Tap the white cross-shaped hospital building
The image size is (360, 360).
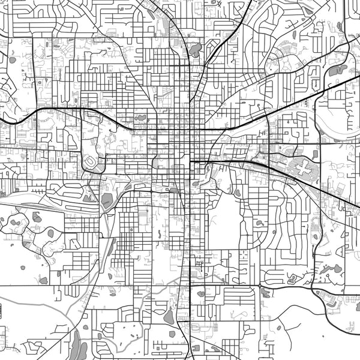[x=300, y=165]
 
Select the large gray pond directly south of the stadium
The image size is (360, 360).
[x=107, y=200]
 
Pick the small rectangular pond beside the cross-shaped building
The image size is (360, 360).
[x=316, y=154]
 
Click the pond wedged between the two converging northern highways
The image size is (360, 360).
[x=195, y=49]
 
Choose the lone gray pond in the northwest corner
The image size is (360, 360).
[x=12, y=59]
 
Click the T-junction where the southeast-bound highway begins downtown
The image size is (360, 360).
[x=191, y=161]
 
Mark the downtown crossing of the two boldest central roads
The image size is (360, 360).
[x=191, y=130]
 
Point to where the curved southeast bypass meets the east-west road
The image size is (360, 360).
[x=312, y=286]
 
